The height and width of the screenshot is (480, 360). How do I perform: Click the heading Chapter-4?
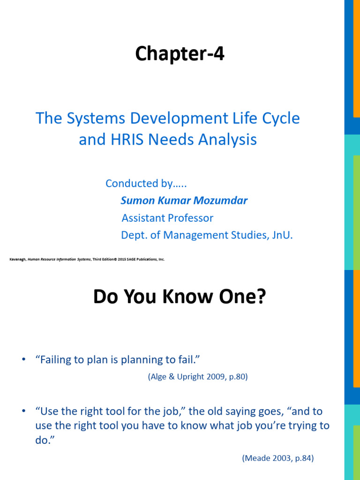coord(180,55)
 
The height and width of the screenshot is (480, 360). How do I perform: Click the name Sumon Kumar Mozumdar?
coord(184,201)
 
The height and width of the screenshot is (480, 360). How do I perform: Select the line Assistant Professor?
coord(167,218)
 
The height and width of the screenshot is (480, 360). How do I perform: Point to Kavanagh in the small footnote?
coord(18,259)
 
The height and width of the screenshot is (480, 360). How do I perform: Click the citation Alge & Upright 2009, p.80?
coord(197,377)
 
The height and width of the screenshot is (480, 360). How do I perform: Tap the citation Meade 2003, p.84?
coord(278,458)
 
